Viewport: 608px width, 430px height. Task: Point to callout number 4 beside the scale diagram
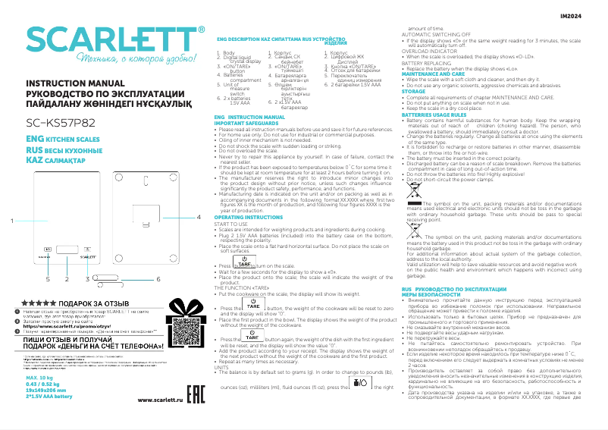pyautogui.click(x=198, y=196)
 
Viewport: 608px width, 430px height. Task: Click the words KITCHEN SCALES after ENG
pyautogui.click(x=66, y=141)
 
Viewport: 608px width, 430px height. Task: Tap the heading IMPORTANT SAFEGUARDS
pyautogui.click(x=244, y=122)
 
